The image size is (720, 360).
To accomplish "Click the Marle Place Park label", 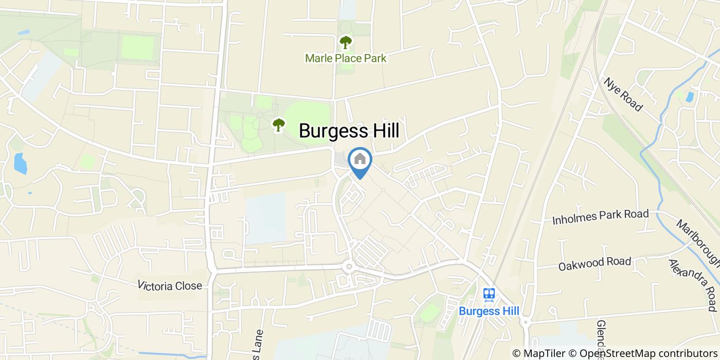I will click(345, 58).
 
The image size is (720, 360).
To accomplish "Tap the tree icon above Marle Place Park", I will click(345, 42).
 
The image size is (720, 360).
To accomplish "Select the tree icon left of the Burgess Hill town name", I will click(279, 124).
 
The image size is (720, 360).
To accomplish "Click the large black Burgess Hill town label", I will click(349, 131).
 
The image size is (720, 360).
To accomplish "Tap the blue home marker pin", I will click(360, 160).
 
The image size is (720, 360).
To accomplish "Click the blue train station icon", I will click(489, 294).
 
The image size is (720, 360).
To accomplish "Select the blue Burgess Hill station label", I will click(489, 311).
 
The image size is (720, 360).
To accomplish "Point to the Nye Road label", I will click(623, 95).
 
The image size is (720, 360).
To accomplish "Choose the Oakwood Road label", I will click(595, 263).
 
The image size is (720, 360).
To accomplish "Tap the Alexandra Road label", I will click(692, 285).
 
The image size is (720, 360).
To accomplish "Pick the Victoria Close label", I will click(170, 286).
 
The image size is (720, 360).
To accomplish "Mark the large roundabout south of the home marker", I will click(349, 266).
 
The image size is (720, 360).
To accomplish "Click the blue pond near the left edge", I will click(20, 164).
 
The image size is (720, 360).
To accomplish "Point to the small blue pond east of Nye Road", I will click(689, 96).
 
